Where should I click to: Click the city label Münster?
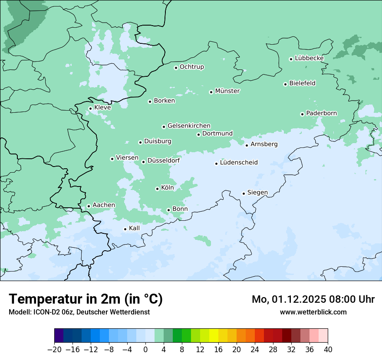tap(227, 91)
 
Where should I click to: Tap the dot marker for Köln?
tap(157, 189)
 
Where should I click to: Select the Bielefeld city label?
tap(302, 83)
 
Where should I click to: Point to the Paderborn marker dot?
tap(302, 114)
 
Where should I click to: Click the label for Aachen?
tap(104, 205)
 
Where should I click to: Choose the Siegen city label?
tap(257, 193)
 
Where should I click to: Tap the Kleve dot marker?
tap(90, 108)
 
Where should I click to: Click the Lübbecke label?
tap(309, 58)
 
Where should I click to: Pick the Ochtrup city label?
tap(191, 67)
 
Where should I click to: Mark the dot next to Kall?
tap(125, 229)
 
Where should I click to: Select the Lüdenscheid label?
tap(239, 163)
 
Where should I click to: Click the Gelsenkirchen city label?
tap(189, 126)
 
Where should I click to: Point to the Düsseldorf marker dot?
tap(143, 162)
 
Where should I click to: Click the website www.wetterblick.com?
tap(313, 312)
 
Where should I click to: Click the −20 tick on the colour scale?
tap(55, 350)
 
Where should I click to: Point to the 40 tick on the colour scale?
tap(328, 350)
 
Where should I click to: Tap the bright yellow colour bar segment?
tap(214, 336)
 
